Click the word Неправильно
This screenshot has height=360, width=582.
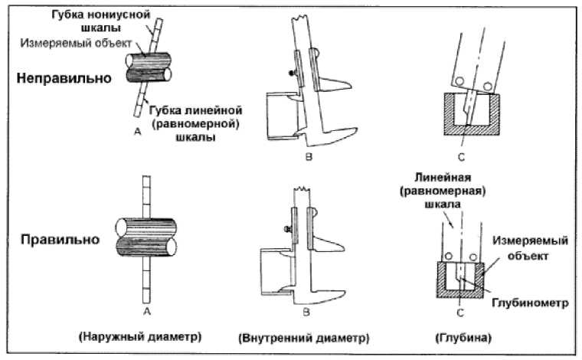pyautogui.click(x=62, y=78)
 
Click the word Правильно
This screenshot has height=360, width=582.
pyautogui.click(x=57, y=239)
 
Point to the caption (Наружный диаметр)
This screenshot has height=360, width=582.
pyautogui.click(x=145, y=336)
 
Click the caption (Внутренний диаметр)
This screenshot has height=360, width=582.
pyautogui.click(x=305, y=337)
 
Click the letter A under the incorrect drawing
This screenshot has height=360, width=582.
pyautogui.click(x=137, y=133)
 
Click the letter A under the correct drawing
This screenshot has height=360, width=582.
pyautogui.click(x=146, y=312)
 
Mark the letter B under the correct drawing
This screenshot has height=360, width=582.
pyautogui.click(x=305, y=312)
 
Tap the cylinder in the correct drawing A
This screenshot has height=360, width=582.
pyautogui.click(x=145, y=242)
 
